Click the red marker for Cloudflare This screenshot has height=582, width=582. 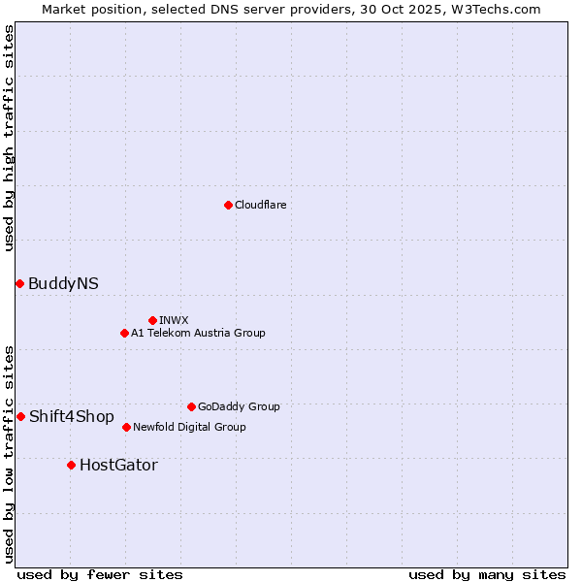click(x=228, y=205)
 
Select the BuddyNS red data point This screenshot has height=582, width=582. click(x=19, y=283)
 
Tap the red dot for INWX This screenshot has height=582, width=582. click(x=152, y=320)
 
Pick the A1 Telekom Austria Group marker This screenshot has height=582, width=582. click(x=124, y=333)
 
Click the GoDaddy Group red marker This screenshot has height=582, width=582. click(x=191, y=406)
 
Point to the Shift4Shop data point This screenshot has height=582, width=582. click(x=20, y=416)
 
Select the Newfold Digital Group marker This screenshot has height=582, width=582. click(x=126, y=427)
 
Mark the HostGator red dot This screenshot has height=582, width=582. click(x=71, y=465)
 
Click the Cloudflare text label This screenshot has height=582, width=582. click(x=260, y=205)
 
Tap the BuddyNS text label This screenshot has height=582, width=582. click(x=63, y=283)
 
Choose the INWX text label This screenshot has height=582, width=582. click(x=174, y=320)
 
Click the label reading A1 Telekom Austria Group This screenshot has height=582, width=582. click(x=198, y=333)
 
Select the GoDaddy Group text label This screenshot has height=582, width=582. click(x=239, y=406)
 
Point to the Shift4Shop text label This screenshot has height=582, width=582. click(x=72, y=416)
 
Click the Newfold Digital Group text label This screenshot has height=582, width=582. click(x=189, y=427)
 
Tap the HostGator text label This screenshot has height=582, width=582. click(x=118, y=465)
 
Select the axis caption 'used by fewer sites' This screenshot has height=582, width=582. click(x=100, y=574)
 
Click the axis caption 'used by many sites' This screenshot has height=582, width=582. click(x=487, y=574)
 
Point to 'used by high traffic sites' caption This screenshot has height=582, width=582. click(x=9, y=138)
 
